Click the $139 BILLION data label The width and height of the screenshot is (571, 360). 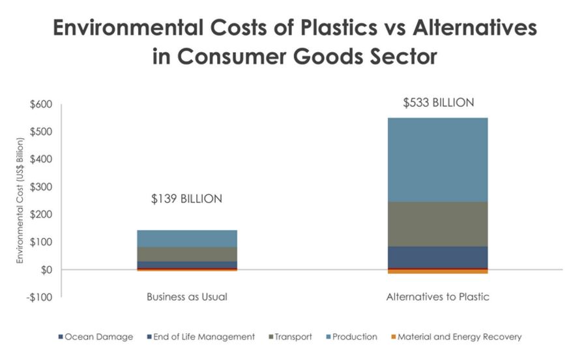tap(186, 199)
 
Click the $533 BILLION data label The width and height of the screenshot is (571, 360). tap(438, 102)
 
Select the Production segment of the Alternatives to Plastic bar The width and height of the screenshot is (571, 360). tap(438, 159)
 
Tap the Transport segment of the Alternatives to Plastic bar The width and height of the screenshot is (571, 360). tap(438, 224)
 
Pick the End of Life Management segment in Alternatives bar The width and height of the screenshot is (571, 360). tap(438, 257)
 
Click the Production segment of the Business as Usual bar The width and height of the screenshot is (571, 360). tap(186, 238)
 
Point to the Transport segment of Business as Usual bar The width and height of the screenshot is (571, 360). tap(186, 254)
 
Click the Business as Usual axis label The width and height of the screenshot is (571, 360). tap(186, 297)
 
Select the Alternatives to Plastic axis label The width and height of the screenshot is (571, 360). tap(438, 297)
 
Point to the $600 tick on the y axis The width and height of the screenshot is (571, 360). tap(41, 104)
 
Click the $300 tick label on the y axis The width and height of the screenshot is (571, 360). tap(41, 187)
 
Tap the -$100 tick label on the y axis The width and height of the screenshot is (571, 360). tap(40, 297)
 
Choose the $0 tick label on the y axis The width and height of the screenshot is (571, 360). tap(45, 270)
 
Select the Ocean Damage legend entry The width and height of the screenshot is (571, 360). tap(98, 337)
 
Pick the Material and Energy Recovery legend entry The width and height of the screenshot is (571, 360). tap(459, 337)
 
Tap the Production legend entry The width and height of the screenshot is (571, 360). tap(354, 337)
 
